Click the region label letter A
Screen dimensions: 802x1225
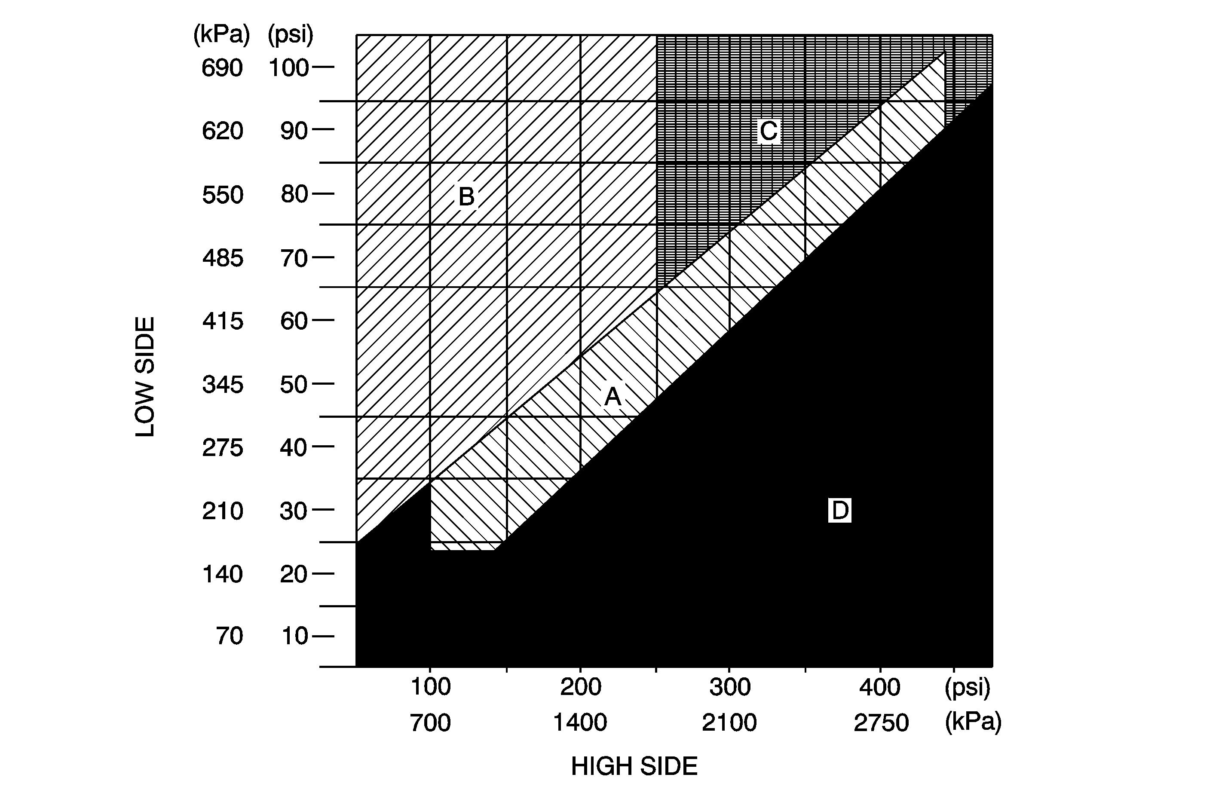(x=612, y=396)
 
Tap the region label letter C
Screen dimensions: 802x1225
(x=769, y=131)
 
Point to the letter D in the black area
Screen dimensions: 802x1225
(x=839, y=511)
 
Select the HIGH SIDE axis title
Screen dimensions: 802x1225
(x=634, y=766)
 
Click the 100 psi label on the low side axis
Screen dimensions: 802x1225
(x=289, y=68)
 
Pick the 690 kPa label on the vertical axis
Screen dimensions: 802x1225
(x=222, y=68)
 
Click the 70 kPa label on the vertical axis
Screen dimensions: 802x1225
(x=229, y=636)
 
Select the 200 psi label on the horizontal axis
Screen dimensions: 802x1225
(x=581, y=687)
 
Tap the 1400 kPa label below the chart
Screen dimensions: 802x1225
(x=580, y=723)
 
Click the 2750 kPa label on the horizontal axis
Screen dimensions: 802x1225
(x=881, y=723)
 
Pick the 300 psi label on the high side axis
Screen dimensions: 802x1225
(x=730, y=687)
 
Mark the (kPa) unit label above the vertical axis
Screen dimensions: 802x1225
(x=221, y=35)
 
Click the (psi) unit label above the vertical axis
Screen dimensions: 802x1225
(x=290, y=35)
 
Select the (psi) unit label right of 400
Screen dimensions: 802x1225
(x=967, y=687)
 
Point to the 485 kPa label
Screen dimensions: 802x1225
(x=222, y=258)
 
